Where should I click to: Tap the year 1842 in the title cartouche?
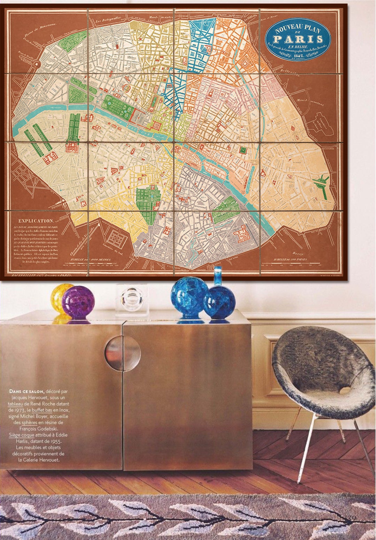(x=297, y=55)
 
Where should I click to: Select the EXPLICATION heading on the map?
(x=36, y=221)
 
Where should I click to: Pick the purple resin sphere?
(x=78, y=302)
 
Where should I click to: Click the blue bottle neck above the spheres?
(x=218, y=275)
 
